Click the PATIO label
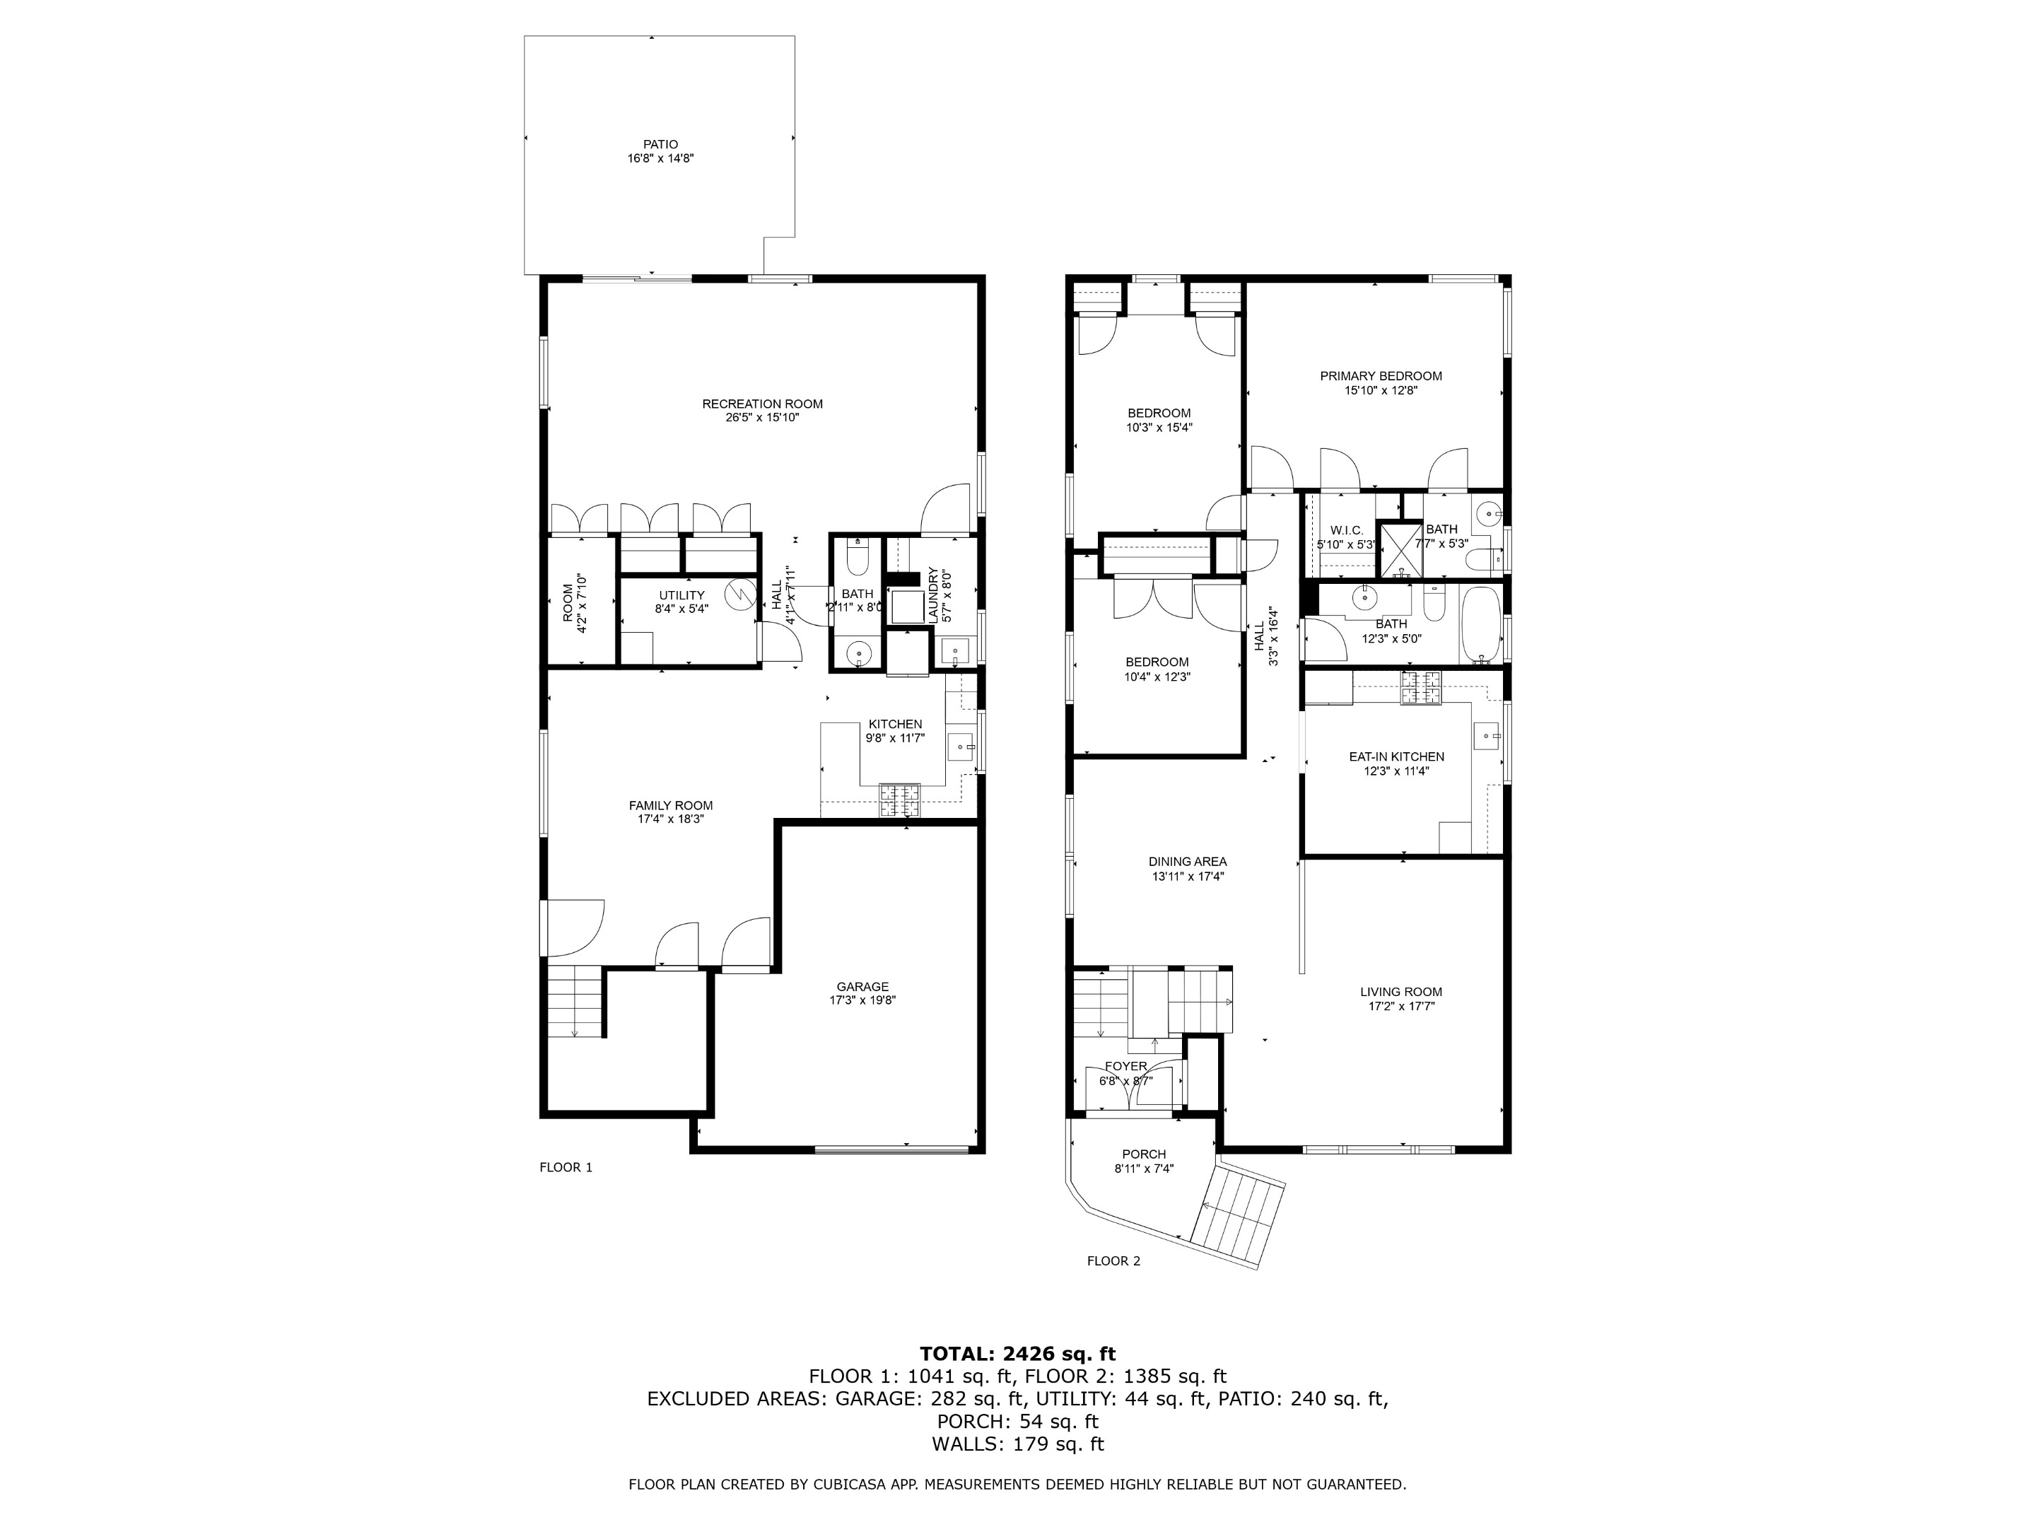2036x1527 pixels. pos(660,144)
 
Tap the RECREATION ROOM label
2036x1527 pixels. pos(762,404)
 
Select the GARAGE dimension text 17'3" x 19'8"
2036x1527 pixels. pos(862,1000)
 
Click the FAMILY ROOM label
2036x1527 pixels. pos(670,805)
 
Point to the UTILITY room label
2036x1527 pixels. pos(681,595)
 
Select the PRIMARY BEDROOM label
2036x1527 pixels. pos(1380,375)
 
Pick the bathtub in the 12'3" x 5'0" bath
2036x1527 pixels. pos(1480,625)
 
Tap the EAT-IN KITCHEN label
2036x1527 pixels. pos(1396,756)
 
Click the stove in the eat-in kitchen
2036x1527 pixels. pos(1420,688)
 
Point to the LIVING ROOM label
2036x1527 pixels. pos(1401,993)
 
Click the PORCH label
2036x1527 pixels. pos(1143,1154)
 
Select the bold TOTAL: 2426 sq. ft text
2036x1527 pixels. pos(1017,1354)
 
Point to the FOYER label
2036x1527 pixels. pos(1125,1067)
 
